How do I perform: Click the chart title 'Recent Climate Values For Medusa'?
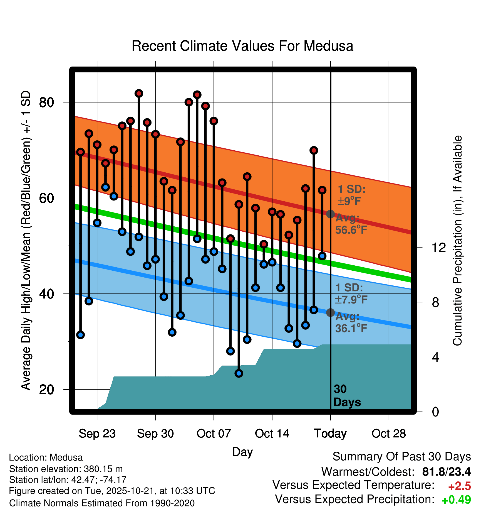pyautogui.click(x=242, y=46)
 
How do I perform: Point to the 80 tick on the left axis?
pyautogui.click(x=46, y=102)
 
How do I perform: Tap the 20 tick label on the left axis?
pyautogui.click(x=46, y=390)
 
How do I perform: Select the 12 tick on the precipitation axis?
pyautogui.click(x=439, y=248)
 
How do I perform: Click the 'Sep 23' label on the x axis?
pyautogui.click(x=97, y=434)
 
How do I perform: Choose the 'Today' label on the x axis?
pyautogui.click(x=330, y=434)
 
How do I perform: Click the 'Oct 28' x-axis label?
pyautogui.click(x=389, y=434)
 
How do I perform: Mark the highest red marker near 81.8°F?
pyautogui.click(x=139, y=94)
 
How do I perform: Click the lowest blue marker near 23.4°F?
pyautogui.click(x=239, y=373)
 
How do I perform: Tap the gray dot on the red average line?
pyautogui.click(x=330, y=214)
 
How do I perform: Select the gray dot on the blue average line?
pyautogui.click(x=330, y=312)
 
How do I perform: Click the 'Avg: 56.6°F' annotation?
pyautogui.click(x=351, y=224)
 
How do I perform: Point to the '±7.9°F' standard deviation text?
pyautogui.click(x=351, y=300)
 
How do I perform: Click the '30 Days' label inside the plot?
pyautogui.click(x=347, y=396)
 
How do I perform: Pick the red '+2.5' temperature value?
pyautogui.click(x=459, y=486)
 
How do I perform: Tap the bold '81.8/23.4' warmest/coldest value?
pyautogui.click(x=446, y=472)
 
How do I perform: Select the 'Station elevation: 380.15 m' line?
pyautogui.click(x=66, y=469)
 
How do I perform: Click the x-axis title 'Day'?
pyautogui.click(x=242, y=452)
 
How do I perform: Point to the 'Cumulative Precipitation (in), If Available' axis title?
pyautogui.click(x=457, y=241)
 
